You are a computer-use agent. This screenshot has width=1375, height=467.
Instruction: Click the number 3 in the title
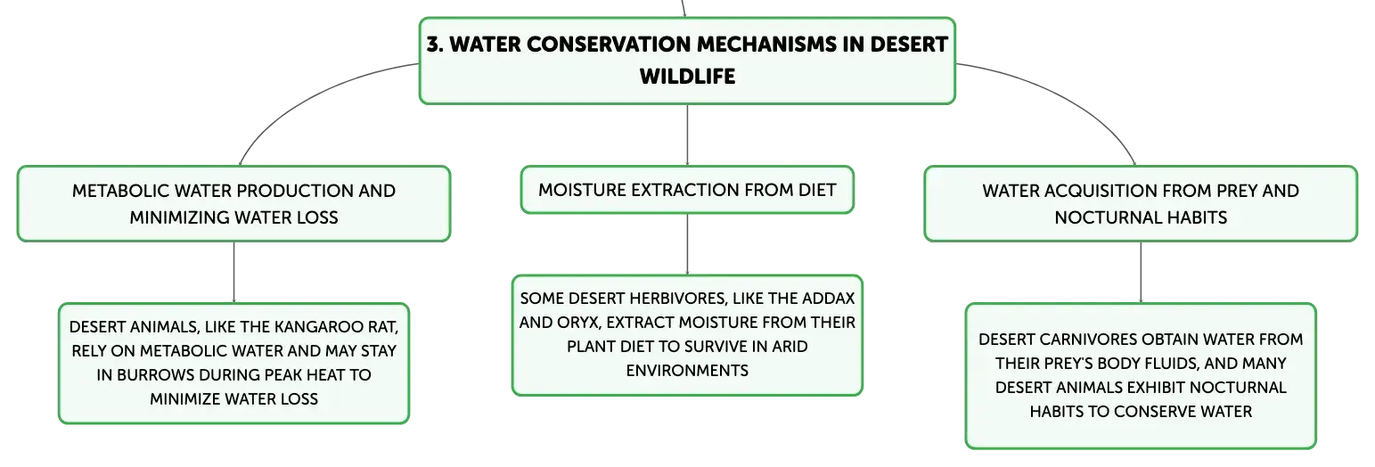point(433,45)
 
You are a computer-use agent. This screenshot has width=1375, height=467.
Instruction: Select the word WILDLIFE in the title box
point(687,77)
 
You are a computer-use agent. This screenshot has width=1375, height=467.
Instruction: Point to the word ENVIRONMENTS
point(687,371)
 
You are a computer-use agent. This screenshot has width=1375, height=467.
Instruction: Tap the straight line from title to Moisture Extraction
point(687,135)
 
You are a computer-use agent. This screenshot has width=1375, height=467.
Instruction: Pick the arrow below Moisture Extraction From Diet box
point(687,244)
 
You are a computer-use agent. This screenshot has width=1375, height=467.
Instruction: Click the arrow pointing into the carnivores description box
point(1141,273)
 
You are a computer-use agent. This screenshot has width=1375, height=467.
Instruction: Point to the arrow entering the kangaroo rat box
point(233,273)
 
